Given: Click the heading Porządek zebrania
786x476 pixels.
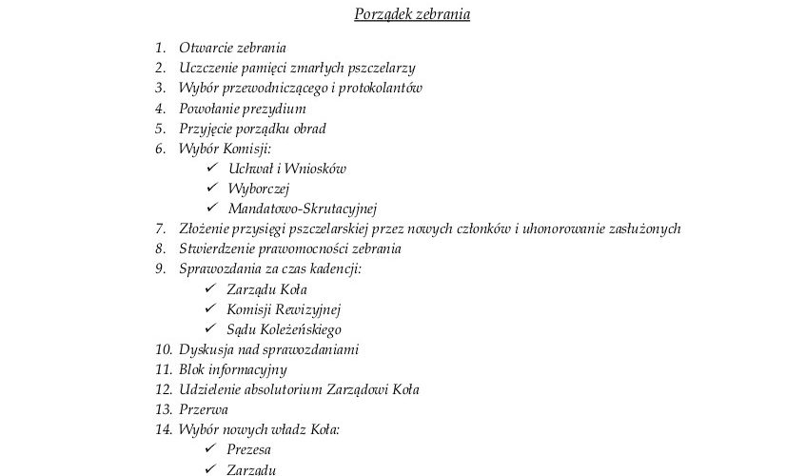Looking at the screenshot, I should point(412,14).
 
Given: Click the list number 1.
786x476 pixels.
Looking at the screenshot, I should point(159,48).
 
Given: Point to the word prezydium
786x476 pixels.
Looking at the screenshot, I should point(276,109).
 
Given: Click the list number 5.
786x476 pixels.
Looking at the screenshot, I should point(159,129).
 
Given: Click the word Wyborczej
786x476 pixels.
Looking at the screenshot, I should point(258,188).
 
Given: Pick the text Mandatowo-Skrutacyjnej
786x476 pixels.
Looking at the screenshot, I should point(303,208).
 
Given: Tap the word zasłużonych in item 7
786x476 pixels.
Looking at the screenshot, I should point(643,229).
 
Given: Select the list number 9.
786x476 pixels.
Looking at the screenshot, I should point(159,269).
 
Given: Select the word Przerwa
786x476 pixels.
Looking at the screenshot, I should point(204,410).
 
